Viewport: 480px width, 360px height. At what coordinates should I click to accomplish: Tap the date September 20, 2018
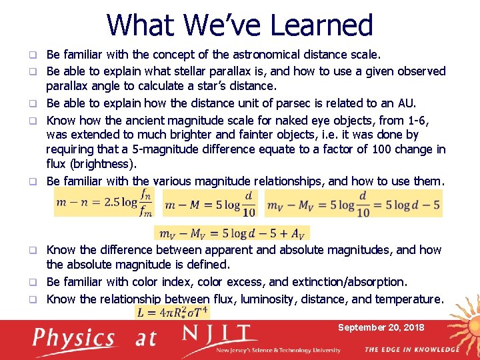(x=381, y=328)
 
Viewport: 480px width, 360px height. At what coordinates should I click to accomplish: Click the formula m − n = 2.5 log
(x=103, y=203)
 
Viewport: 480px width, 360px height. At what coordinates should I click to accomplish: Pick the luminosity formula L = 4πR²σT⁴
(x=173, y=311)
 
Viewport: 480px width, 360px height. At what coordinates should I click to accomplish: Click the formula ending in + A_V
(x=232, y=233)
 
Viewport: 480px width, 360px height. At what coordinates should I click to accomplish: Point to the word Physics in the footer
(x=75, y=338)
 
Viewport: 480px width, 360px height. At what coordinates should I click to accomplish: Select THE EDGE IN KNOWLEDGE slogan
(x=411, y=350)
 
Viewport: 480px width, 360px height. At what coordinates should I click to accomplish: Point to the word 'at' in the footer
(x=145, y=338)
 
